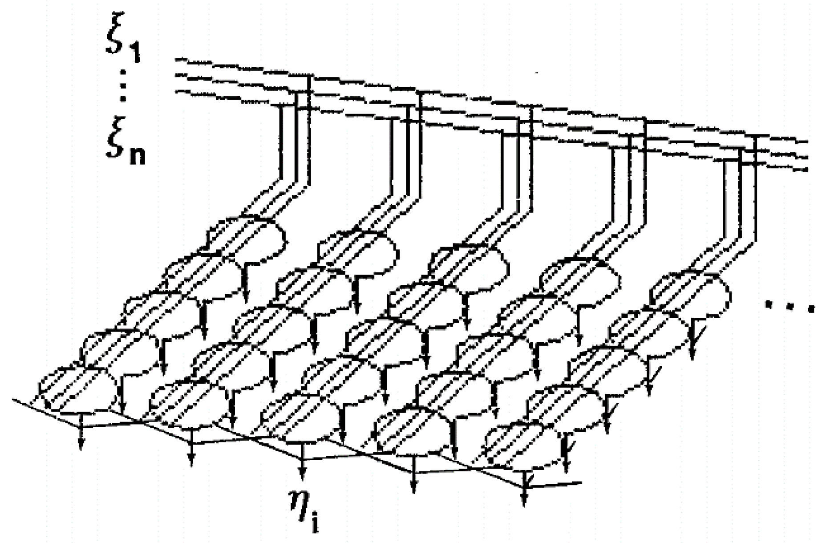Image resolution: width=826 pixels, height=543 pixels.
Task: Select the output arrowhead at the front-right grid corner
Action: pos(524,500)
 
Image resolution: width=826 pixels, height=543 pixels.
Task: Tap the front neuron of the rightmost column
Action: pos(521,445)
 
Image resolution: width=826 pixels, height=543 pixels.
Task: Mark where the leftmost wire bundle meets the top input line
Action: pos(309,77)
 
